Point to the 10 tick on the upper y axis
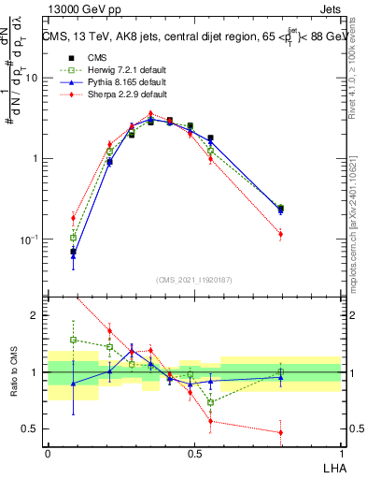[x=29, y=79]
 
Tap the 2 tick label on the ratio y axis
[x=35, y=315]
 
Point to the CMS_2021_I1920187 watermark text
[x=194, y=280]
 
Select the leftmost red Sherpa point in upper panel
[x=73, y=218]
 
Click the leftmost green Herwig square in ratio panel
[x=73, y=340]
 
